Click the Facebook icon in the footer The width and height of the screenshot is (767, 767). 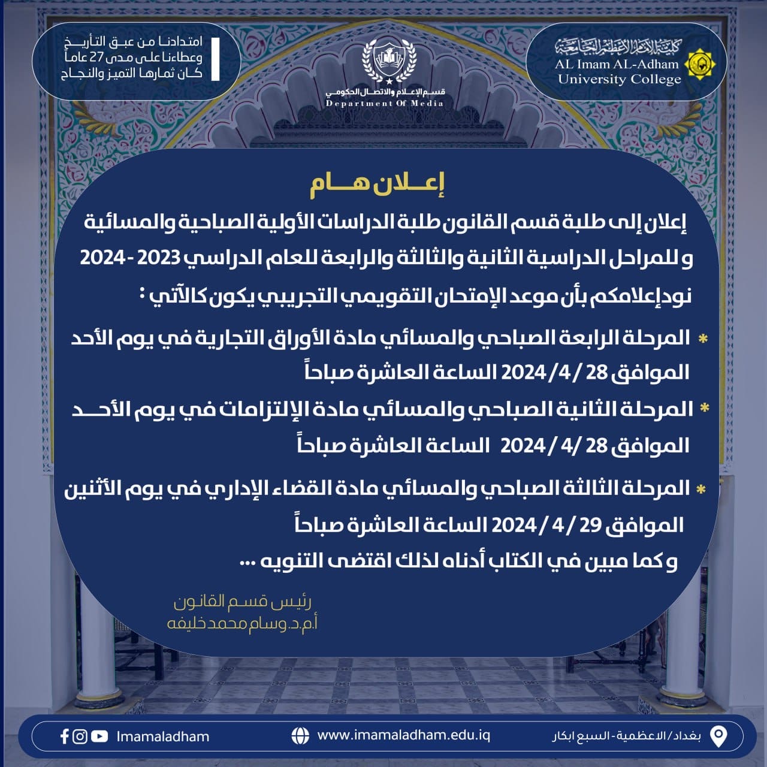[x=65, y=736]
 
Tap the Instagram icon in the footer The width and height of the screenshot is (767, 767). [x=80, y=736]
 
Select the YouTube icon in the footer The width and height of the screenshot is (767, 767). [x=99, y=736]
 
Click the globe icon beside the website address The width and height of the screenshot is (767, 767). [x=300, y=735]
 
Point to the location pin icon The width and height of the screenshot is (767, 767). [x=718, y=736]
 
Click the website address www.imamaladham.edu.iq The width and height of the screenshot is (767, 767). [x=403, y=735]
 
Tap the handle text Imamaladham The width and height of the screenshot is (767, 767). [x=163, y=736]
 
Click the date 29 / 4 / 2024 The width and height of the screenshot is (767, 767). [x=546, y=526]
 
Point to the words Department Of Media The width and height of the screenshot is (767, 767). [x=385, y=104]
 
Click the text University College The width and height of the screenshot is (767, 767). [x=619, y=79]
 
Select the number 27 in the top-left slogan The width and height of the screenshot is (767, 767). [x=113, y=58]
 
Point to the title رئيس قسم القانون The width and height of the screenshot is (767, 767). [x=242, y=602]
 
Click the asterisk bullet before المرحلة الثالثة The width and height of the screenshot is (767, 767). [x=700, y=490]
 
